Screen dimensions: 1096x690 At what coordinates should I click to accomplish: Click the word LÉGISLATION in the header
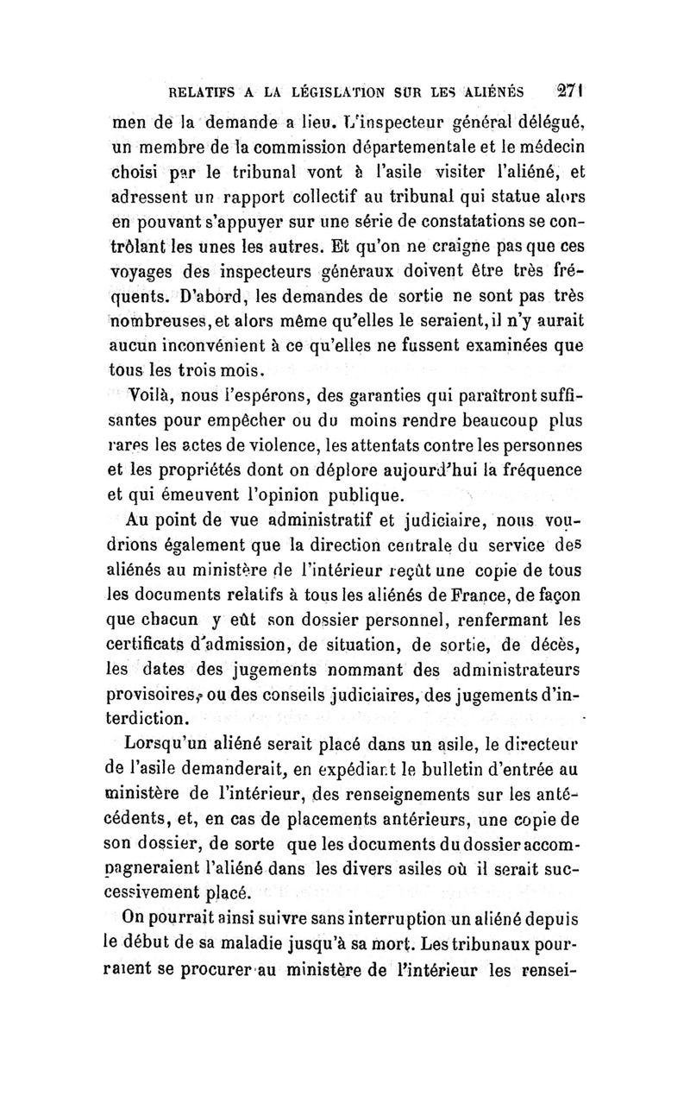(329, 92)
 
